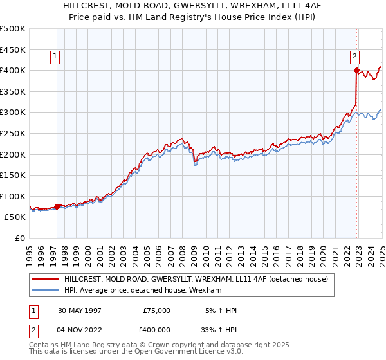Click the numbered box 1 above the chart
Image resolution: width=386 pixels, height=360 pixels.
point(55,57)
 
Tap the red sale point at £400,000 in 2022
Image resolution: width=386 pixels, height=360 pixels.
point(356,70)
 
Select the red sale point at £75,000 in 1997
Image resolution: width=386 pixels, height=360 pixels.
point(57,206)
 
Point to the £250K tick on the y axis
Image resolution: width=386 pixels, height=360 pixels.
point(14,133)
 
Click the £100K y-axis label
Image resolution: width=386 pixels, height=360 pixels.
point(14,196)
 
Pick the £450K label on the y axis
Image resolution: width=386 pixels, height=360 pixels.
point(14,49)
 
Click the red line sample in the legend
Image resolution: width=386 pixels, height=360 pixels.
point(46,279)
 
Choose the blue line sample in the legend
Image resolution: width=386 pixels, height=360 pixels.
point(46,291)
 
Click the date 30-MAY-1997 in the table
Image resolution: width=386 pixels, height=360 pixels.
point(79,310)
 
